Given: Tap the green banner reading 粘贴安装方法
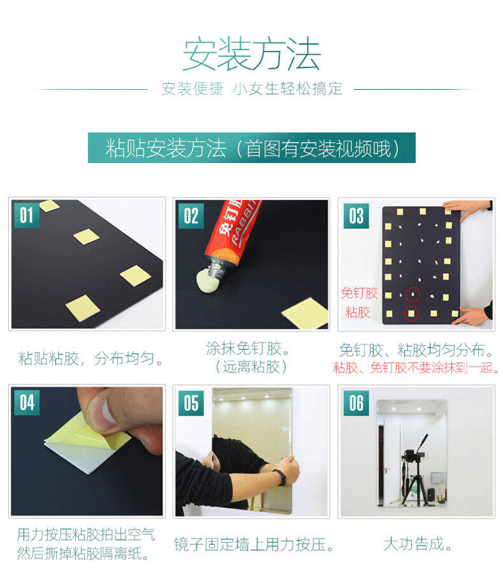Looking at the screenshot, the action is click(x=251, y=148).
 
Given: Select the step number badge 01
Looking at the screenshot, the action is click(x=27, y=215).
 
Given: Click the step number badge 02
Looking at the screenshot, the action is click(x=191, y=216).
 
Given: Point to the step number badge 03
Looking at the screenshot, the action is click(x=357, y=216).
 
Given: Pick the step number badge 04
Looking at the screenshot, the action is click(x=27, y=402).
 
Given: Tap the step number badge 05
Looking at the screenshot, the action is click(x=191, y=403).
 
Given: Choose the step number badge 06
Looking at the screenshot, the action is click(x=357, y=403).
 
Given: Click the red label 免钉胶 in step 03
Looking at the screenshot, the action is click(x=359, y=293).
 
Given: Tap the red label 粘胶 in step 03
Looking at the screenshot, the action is click(x=358, y=312).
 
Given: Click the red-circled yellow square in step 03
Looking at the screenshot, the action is click(x=411, y=313).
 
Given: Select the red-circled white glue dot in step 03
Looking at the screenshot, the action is click(x=413, y=294).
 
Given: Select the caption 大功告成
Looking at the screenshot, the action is click(x=418, y=544).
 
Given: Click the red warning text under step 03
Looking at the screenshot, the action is click(x=416, y=368).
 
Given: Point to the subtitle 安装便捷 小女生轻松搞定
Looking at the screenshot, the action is click(x=252, y=89).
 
